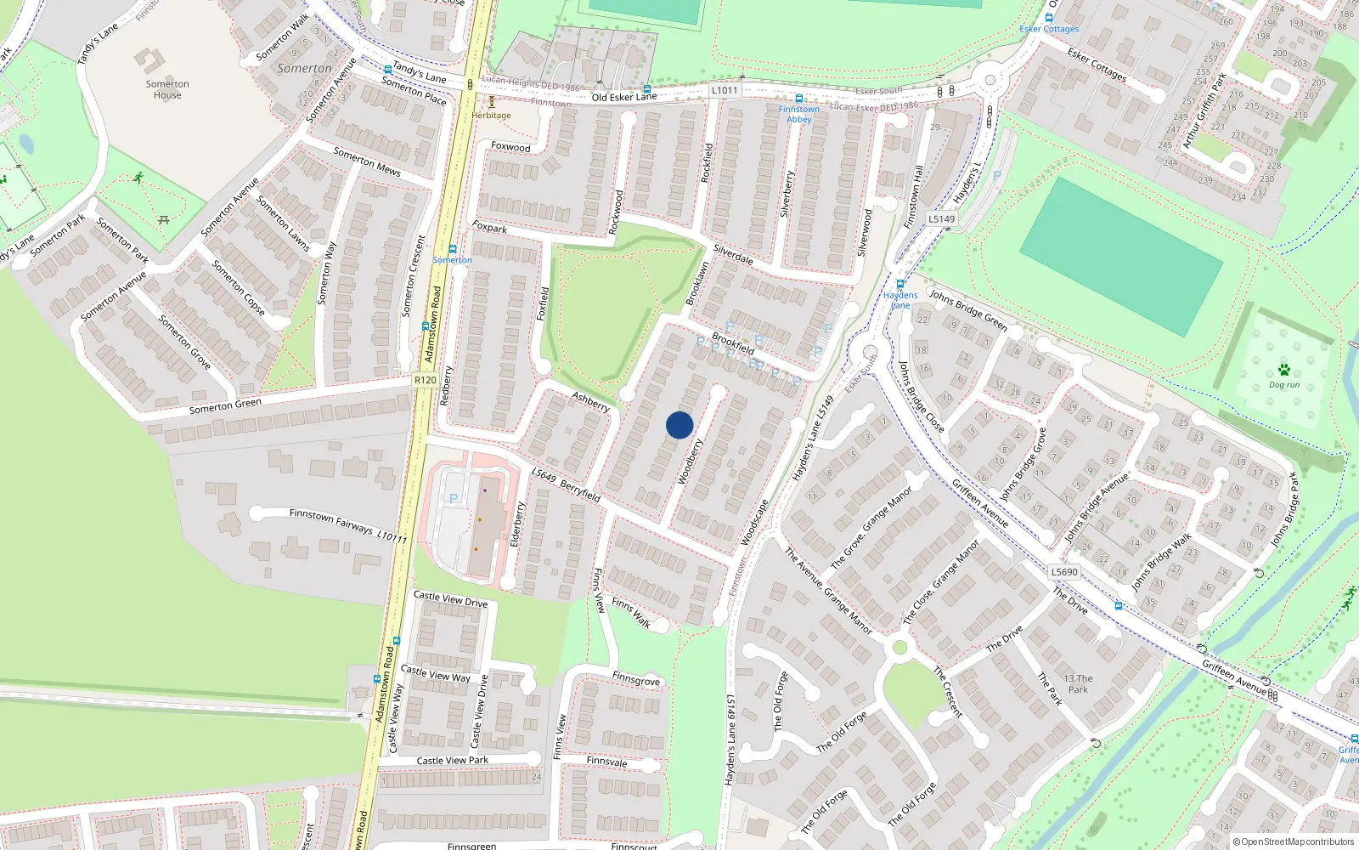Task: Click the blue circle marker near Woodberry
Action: (679, 425)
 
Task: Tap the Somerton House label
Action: (167, 89)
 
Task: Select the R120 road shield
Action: (426, 380)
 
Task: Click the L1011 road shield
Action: (725, 90)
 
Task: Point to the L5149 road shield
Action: (941, 218)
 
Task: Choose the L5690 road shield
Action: (1063, 572)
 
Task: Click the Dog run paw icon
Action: (1283, 370)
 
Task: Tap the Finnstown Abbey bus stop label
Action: (799, 114)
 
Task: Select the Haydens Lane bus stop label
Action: (900, 300)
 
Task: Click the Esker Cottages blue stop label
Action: (1049, 29)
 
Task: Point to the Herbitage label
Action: (492, 115)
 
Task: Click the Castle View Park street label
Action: (452, 760)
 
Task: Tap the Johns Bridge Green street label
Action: (968, 310)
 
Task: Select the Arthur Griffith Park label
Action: (1205, 110)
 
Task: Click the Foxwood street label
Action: (510, 147)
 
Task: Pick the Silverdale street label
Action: (733, 254)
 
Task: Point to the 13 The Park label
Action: (1078, 684)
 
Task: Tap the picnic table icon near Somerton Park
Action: (164, 219)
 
